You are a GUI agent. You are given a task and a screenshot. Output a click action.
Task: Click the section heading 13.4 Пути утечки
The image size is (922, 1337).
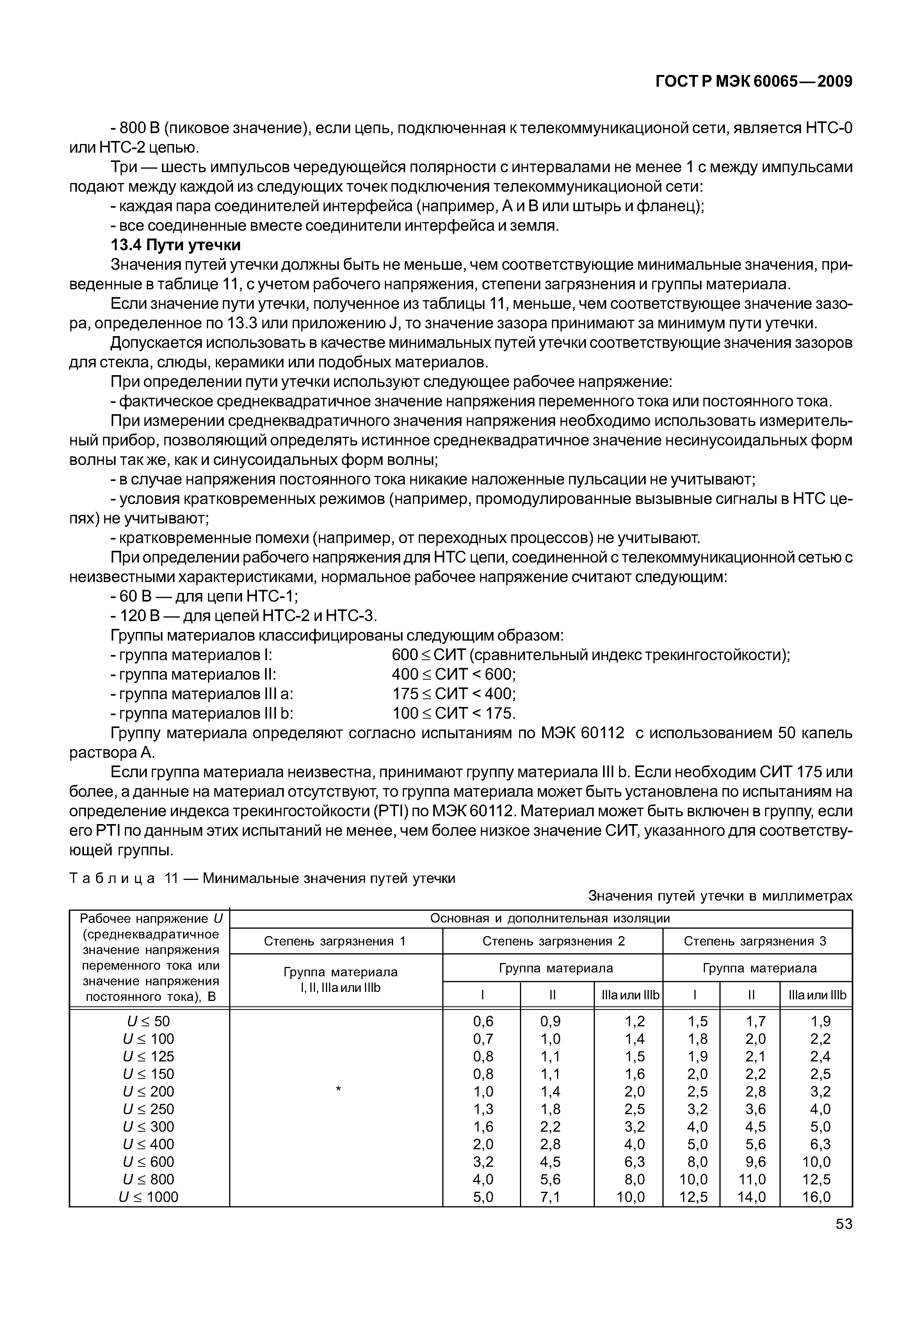pyautogui.click(x=176, y=245)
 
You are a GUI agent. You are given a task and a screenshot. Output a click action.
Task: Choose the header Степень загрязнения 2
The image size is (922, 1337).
pyautogui.click(x=554, y=941)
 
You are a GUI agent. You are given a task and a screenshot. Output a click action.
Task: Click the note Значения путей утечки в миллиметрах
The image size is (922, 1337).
pyautogui.click(x=720, y=896)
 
